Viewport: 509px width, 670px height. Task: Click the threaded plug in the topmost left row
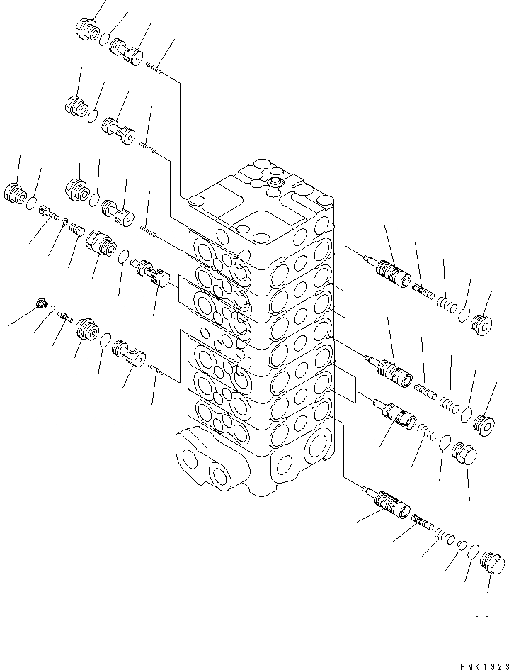pyautogui.click(x=86, y=30)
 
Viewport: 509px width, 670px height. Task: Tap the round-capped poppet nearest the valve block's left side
pyautogui.click(x=150, y=274)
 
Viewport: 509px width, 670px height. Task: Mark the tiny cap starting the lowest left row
pyautogui.click(x=42, y=303)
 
